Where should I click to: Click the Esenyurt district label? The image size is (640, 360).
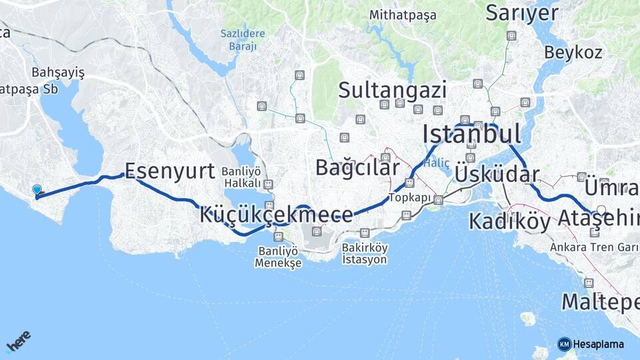(170, 171)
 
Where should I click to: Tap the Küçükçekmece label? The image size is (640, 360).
(275, 215)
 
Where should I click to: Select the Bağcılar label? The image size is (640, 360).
(357, 167)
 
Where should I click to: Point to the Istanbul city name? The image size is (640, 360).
(471, 134)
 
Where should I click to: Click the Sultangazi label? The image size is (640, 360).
(392, 89)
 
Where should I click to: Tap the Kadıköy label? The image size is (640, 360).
(509, 221)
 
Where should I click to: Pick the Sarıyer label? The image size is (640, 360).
(521, 13)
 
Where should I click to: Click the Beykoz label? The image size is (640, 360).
(573, 52)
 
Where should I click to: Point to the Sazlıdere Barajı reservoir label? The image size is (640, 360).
(243, 39)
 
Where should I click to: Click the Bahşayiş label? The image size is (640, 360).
(58, 73)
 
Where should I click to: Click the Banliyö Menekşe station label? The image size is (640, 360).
(278, 257)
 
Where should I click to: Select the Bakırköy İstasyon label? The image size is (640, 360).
(364, 253)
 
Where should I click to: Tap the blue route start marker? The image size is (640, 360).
(37, 191)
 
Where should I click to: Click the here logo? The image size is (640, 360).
(19, 341)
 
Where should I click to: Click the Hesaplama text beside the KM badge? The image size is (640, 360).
(599, 344)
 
